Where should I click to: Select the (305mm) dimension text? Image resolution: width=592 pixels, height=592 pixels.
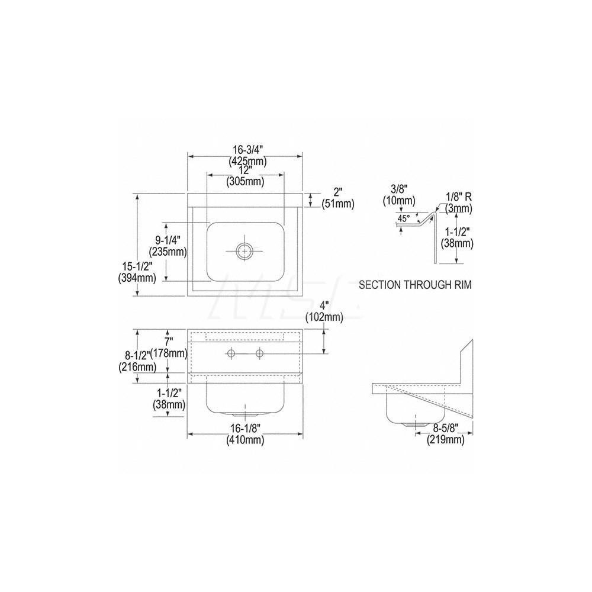tap(245, 182)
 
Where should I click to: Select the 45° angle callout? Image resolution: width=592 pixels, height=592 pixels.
tap(404, 218)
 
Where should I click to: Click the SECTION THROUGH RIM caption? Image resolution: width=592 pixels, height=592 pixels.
tap(415, 285)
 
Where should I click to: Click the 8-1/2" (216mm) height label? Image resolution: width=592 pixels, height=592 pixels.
tap(137, 361)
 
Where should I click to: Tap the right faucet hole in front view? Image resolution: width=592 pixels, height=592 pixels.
tap(259, 354)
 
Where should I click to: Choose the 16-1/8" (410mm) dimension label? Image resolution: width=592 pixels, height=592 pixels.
tap(245, 435)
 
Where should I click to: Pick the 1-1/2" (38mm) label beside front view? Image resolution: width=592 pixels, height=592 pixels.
tap(167, 398)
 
